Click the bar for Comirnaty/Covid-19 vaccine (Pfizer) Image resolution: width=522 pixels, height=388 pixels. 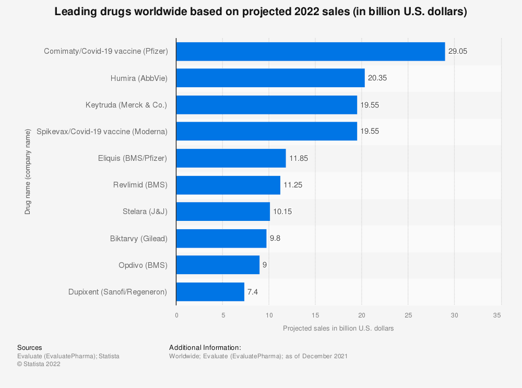pyautogui.click(x=311, y=52)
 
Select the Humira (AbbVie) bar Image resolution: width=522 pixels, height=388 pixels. pyautogui.click(x=270, y=78)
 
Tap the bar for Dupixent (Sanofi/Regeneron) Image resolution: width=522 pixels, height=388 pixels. pyautogui.click(x=210, y=292)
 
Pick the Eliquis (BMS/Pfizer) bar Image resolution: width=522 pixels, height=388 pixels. pyautogui.click(x=231, y=158)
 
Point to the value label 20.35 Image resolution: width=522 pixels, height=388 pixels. pyautogui.click(x=377, y=78)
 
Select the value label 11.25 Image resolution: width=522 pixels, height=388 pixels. pyautogui.click(x=293, y=185)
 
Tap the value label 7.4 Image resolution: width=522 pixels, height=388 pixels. pyautogui.click(x=253, y=292)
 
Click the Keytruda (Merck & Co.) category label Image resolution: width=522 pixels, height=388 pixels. pyautogui.click(x=126, y=105)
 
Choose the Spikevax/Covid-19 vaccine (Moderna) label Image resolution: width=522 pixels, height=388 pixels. pyautogui.click(x=102, y=132)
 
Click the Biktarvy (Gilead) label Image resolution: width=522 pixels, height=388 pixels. pyautogui.click(x=139, y=239)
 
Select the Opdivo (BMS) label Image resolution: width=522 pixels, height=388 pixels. pyautogui.click(x=143, y=265)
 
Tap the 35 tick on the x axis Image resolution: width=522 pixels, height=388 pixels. pyautogui.click(x=497, y=315)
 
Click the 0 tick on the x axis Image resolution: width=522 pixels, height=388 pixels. pyautogui.click(x=176, y=315)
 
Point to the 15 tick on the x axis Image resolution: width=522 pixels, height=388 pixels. pyautogui.click(x=315, y=315)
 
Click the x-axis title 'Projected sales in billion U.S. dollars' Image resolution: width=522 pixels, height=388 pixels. pyautogui.click(x=338, y=328)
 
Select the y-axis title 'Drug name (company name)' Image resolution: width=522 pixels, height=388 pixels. pyautogui.click(x=27, y=172)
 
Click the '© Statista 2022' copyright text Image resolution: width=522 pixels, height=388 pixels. pyautogui.click(x=39, y=365)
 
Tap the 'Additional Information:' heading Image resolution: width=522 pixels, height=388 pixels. pyautogui.click(x=205, y=347)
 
